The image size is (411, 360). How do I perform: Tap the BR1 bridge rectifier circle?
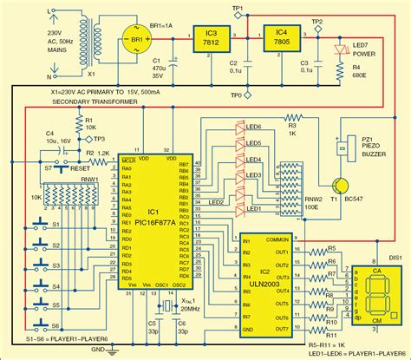(x=136, y=40)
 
